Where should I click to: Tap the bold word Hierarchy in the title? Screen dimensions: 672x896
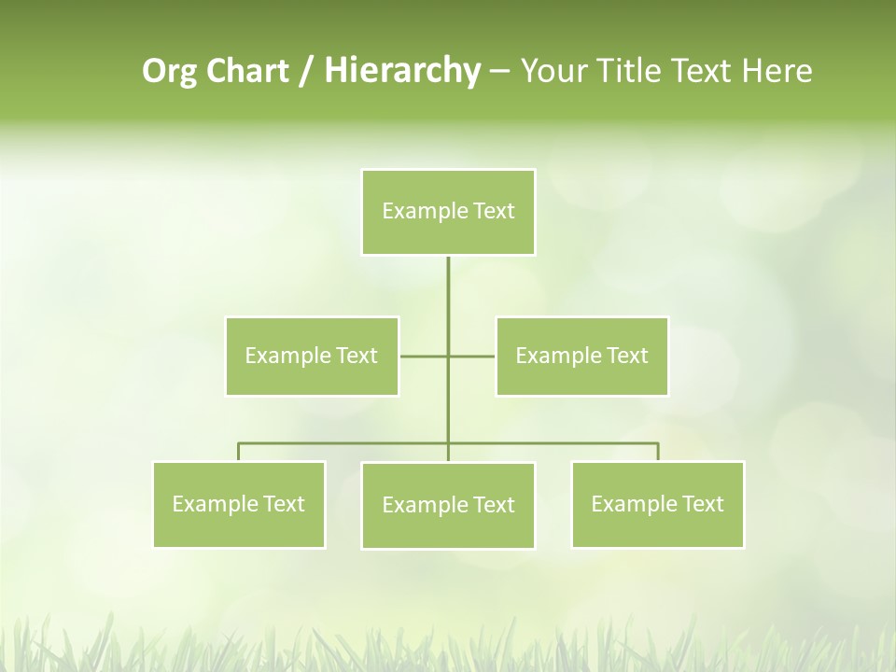401,71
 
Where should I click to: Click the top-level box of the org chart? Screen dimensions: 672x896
448,212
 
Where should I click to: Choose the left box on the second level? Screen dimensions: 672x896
312,356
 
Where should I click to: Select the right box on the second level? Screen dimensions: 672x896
581,356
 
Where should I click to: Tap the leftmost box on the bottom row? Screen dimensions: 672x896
239,504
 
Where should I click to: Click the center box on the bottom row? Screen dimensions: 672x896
448,505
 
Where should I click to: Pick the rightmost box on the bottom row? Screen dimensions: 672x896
657,504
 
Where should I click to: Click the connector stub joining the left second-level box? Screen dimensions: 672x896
423,356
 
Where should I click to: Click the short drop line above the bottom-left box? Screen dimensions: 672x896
239,452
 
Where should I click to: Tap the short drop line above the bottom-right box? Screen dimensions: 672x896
658,452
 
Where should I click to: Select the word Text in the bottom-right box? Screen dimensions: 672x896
702,504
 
